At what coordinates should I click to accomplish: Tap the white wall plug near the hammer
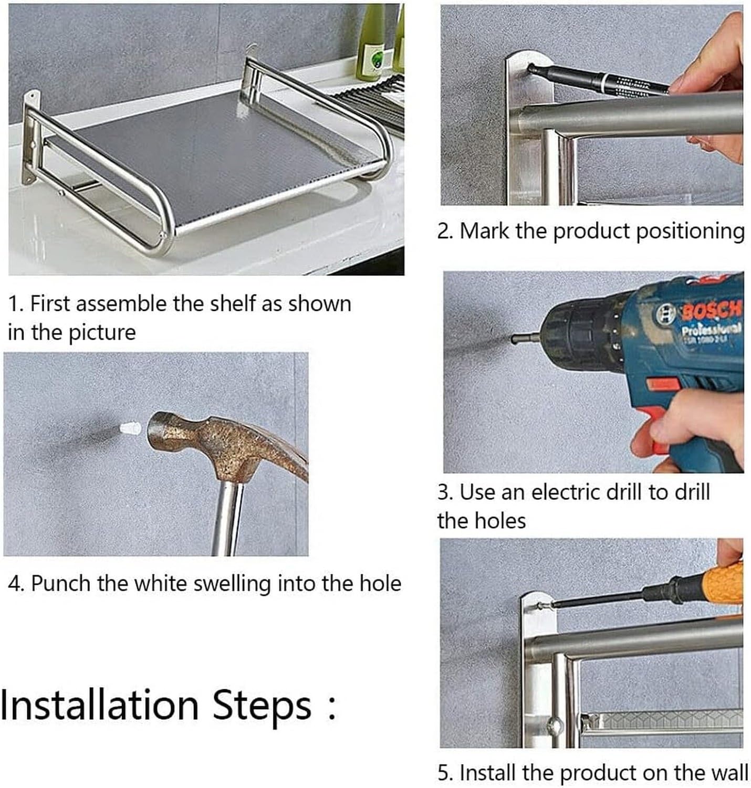(x=130, y=429)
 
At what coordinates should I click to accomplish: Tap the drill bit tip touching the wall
(x=515, y=339)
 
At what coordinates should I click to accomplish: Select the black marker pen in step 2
(x=598, y=80)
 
